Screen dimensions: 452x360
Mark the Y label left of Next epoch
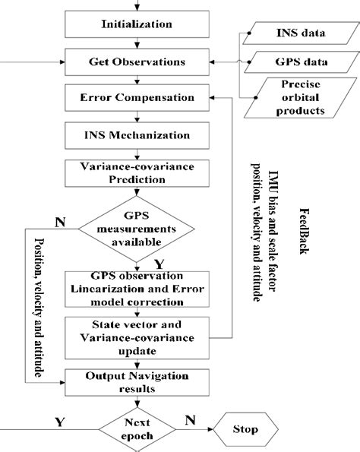[59, 420]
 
